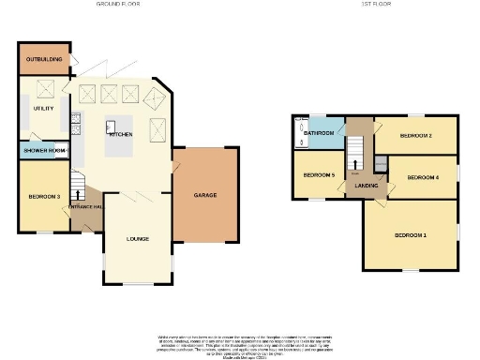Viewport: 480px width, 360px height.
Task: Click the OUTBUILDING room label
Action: point(44,59)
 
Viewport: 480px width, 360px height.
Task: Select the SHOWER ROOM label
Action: point(44,150)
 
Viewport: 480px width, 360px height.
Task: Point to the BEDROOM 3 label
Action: point(44,196)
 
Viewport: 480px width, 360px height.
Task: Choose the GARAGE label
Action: point(206,196)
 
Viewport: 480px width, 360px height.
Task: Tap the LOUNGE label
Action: point(138,239)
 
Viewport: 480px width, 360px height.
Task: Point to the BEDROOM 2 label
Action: point(415,136)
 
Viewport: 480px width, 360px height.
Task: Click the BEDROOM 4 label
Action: point(423,177)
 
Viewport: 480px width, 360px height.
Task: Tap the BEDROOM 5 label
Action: point(319,175)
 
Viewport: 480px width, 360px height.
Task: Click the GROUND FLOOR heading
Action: point(119,5)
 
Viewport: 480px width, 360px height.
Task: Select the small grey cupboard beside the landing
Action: point(381,163)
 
